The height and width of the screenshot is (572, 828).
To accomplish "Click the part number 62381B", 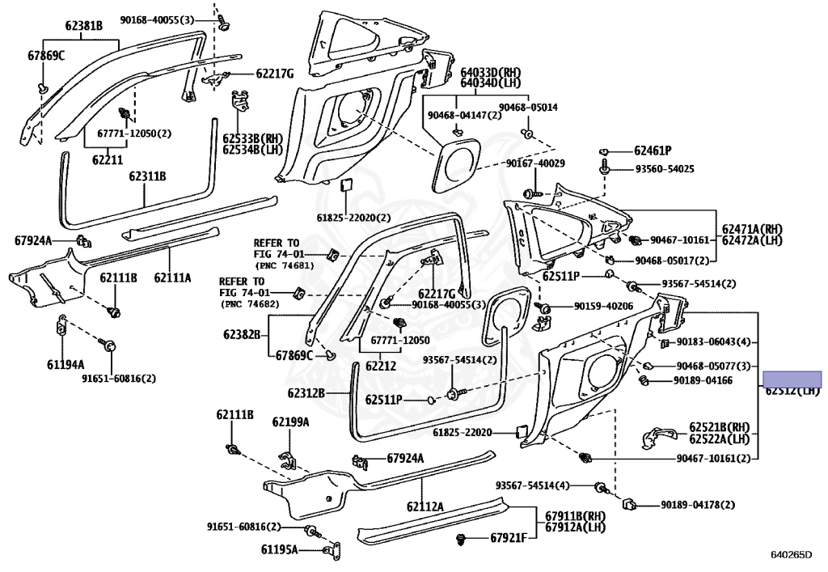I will click(x=84, y=26).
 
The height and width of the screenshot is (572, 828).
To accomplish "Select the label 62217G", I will click(x=275, y=74).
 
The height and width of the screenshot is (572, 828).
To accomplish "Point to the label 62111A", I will click(x=174, y=278).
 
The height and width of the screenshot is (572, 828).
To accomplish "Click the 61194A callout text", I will click(x=65, y=364).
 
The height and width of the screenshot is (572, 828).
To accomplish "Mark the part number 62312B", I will click(x=306, y=394).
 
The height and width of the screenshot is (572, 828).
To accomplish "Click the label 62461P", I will click(x=653, y=150).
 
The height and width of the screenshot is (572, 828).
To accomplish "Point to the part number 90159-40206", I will click(x=604, y=307).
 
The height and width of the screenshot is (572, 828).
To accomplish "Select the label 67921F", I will click(x=508, y=538).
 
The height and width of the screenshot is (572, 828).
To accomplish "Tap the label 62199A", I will click(x=290, y=422).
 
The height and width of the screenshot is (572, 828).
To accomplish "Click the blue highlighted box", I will click(x=793, y=378).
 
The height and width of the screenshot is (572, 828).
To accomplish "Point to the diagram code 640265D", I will click(x=790, y=555).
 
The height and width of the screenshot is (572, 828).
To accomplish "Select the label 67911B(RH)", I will click(x=575, y=515).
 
